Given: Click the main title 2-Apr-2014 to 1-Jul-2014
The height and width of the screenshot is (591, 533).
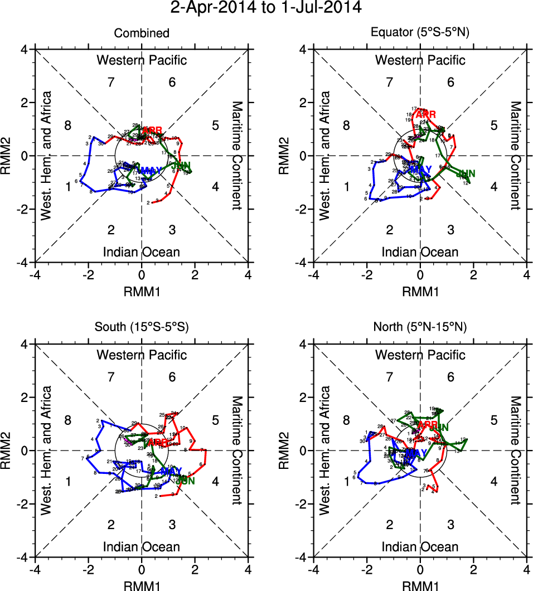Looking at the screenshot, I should pyautogui.click(x=266, y=8).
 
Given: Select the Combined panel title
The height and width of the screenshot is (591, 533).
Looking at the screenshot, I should pyautogui.click(x=142, y=33).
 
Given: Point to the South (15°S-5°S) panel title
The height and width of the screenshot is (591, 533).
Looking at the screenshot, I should pyautogui.click(x=142, y=328).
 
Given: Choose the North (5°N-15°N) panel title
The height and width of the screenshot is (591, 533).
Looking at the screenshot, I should pyautogui.click(x=420, y=328).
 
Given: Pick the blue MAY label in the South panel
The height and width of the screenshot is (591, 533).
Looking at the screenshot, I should pyautogui.click(x=164, y=472).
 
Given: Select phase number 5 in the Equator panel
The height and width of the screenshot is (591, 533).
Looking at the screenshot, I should pyautogui.click(x=493, y=125).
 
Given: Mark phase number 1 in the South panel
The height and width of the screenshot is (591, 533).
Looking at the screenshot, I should pyautogui.click(x=68, y=481).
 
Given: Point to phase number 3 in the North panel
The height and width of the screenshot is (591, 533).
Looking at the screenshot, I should pyautogui.click(x=450, y=525).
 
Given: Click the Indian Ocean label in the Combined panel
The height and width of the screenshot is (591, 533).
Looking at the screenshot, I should pyautogui.click(x=142, y=252).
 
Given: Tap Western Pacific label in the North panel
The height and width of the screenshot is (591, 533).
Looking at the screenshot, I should pyautogui.click(x=420, y=355).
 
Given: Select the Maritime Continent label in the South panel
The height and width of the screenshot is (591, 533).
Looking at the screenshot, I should pyautogui.click(x=237, y=450).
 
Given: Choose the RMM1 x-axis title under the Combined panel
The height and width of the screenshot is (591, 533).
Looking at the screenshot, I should pyautogui.click(x=142, y=290).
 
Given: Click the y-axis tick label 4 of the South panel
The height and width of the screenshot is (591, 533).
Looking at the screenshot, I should pyautogui.click(x=24, y=344).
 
